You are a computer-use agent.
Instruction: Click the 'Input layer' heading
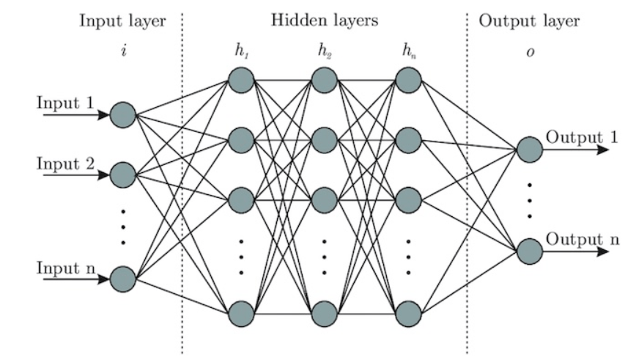(x=122, y=21)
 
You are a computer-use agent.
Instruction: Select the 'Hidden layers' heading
(x=325, y=21)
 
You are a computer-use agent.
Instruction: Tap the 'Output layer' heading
(x=529, y=21)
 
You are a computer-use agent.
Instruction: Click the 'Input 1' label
(x=65, y=102)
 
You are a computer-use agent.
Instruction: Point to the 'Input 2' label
(x=65, y=163)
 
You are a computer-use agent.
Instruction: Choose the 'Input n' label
(x=65, y=268)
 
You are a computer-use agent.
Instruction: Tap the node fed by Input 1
(x=122, y=114)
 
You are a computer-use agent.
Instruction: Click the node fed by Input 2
(x=122, y=175)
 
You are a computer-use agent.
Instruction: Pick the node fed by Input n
(x=122, y=279)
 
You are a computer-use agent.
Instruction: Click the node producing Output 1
(x=529, y=150)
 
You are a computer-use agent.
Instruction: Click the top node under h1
(x=240, y=80)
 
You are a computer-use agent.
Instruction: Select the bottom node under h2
(x=325, y=314)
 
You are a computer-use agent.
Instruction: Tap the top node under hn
(x=408, y=80)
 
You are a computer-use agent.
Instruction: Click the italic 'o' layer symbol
(x=529, y=54)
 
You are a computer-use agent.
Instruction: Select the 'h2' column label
(x=325, y=52)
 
